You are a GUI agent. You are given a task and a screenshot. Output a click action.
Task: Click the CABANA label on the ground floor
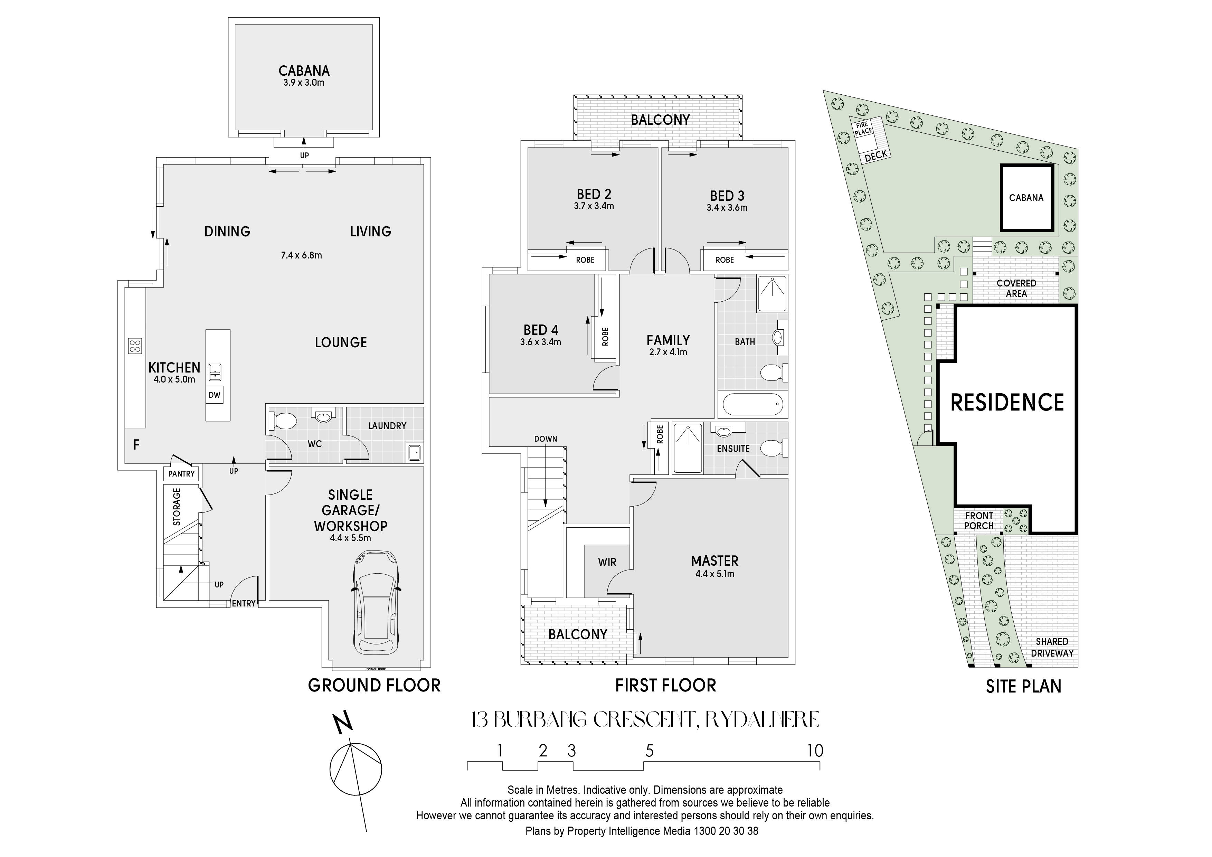pos(304,71)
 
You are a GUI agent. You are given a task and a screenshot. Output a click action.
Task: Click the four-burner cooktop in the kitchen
pos(135,345)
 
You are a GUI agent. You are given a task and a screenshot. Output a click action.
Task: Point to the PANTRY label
pos(182,474)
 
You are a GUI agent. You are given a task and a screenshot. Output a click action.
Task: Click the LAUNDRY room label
pos(387,426)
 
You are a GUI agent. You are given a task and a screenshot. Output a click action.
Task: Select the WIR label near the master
pos(607,562)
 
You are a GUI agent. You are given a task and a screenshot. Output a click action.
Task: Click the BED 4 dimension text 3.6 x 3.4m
pos(541,342)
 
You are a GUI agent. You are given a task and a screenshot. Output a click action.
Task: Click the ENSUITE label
pos(733,448)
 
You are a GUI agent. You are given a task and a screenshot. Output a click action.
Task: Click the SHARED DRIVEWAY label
pos(1052,647)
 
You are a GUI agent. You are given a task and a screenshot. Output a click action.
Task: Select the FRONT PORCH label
pos(979,521)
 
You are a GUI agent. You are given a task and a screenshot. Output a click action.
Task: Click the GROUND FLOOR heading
pos(374,685)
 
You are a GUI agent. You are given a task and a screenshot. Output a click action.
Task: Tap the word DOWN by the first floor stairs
pos(545,439)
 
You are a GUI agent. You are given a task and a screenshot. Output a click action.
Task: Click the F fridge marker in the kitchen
pos(136,445)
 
